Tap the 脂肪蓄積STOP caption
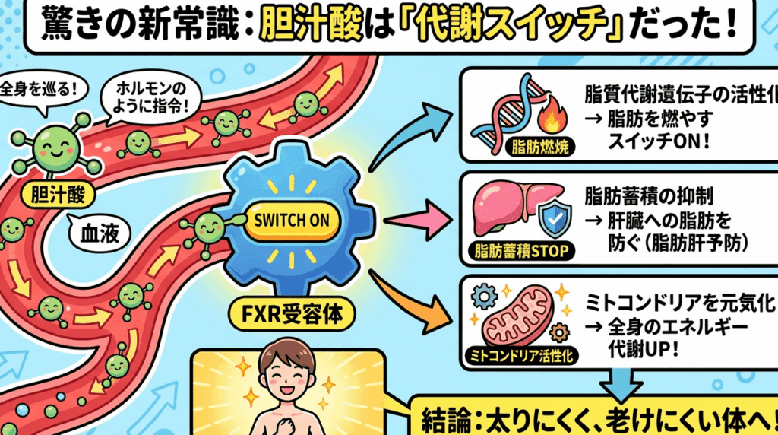click(522, 250)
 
